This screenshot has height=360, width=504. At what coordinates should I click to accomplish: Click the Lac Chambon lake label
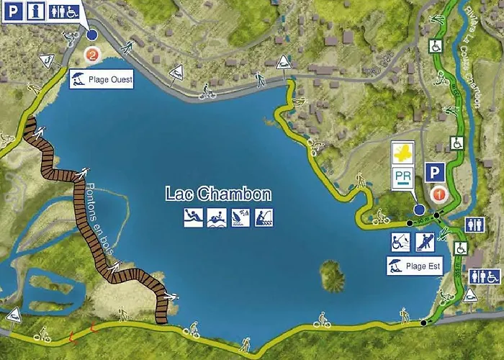click(218, 194)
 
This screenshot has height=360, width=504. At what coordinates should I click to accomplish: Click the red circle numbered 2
click(91, 53)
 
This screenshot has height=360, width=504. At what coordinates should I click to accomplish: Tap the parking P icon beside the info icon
click(14, 12)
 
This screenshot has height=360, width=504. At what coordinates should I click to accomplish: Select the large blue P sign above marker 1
click(433, 171)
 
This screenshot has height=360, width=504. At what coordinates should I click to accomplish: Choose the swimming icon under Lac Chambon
click(217, 216)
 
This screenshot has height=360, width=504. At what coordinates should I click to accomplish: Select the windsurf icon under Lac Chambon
click(240, 216)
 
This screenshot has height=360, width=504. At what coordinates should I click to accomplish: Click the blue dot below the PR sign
click(419, 210)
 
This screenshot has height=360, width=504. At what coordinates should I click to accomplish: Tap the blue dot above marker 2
click(91, 35)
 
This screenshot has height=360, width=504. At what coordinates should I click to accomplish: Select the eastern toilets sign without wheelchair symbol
click(474, 225)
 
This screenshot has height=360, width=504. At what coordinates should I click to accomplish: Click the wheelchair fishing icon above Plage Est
click(400, 240)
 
